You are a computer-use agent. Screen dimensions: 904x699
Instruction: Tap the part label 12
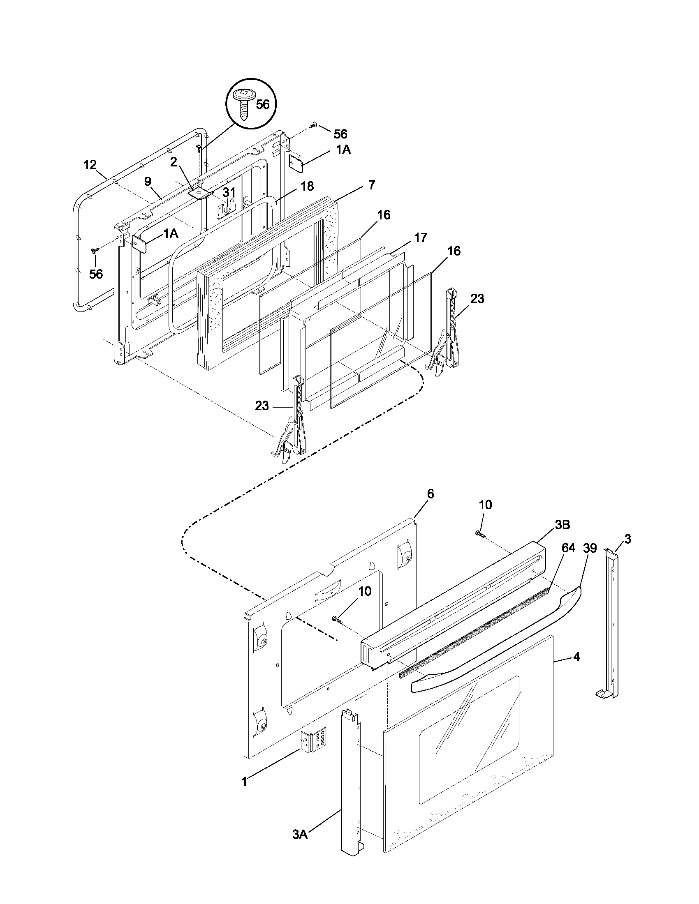click(90, 165)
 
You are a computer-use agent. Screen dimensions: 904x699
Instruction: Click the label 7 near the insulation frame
click(371, 184)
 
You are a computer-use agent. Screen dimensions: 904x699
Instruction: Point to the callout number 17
click(420, 238)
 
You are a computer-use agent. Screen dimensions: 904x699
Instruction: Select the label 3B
click(562, 524)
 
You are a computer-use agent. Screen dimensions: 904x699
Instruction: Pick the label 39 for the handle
click(590, 548)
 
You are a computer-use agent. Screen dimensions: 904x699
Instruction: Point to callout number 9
click(148, 181)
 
